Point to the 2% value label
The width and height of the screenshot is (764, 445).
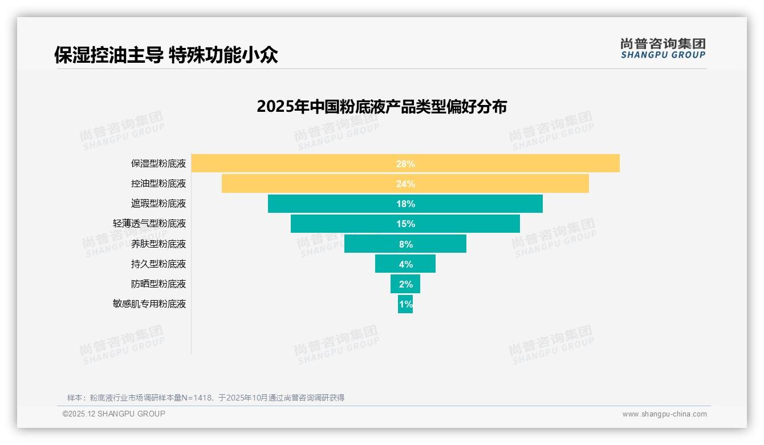[x=405, y=284]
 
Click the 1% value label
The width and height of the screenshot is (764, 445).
[x=405, y=304]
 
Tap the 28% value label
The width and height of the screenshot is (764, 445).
[x=405, y=164]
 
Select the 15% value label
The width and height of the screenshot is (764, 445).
[x=405, y=224]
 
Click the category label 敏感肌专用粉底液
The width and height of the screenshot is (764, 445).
[x=149, y=304]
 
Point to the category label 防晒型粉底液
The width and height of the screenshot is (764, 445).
[x=159, y=284]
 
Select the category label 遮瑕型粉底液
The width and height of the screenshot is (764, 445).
[x=159, y=204]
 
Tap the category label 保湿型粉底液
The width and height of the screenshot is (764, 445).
[x=159, y=164]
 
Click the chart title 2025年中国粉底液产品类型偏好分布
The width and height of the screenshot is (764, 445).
[x=381, y=107]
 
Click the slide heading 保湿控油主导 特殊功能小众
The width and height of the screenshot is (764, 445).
[x=166, y=55]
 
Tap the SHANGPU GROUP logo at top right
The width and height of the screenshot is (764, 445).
[x=663, y=48]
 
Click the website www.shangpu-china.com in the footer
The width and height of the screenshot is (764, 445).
[x=664, y=414]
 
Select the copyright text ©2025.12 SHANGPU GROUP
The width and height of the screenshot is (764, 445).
[x=114, y=414]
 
